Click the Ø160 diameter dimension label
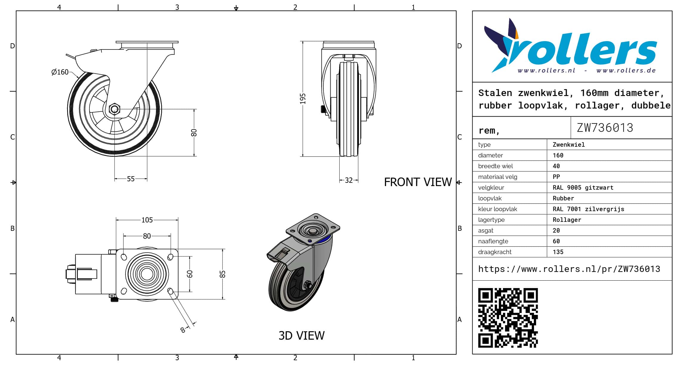pyautogui.click(x=60, y=72)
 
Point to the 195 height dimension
pyautogui.click(x=303, y=99)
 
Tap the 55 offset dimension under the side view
pyautogui.click(x=131, y=179)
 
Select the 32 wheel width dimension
pyautogui.click(x=349, y=180)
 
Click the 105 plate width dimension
pyautogui.click(x=147, y=220)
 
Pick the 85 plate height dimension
pyautogui.click(x=222, y=274)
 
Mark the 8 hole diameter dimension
pyautogui.click(x=183, y=330)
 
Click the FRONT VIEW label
pyautogui.click(x=418, y=182)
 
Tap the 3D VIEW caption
pyautogui.click(x=301, y=336)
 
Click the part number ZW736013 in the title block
pyautogui.click(x=605, y=128)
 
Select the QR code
pyautogui.click(x=508, y=318)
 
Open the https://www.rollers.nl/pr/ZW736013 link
pyautogui.click(x=569, y=269)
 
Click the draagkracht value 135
pyautogui.click(x=558, y=252)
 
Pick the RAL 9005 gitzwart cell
pyautogui.click(x=583, y=188)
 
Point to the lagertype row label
pyautogui.click(x=491, y=220)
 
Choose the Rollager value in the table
pyautogui.click(x=567, y=220)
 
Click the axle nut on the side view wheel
pyautogui.click(x=114, y=109)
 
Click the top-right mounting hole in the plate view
pyautogui.click(x=171, y=257)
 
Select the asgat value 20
pyautogui.click(x=556, y=231)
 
